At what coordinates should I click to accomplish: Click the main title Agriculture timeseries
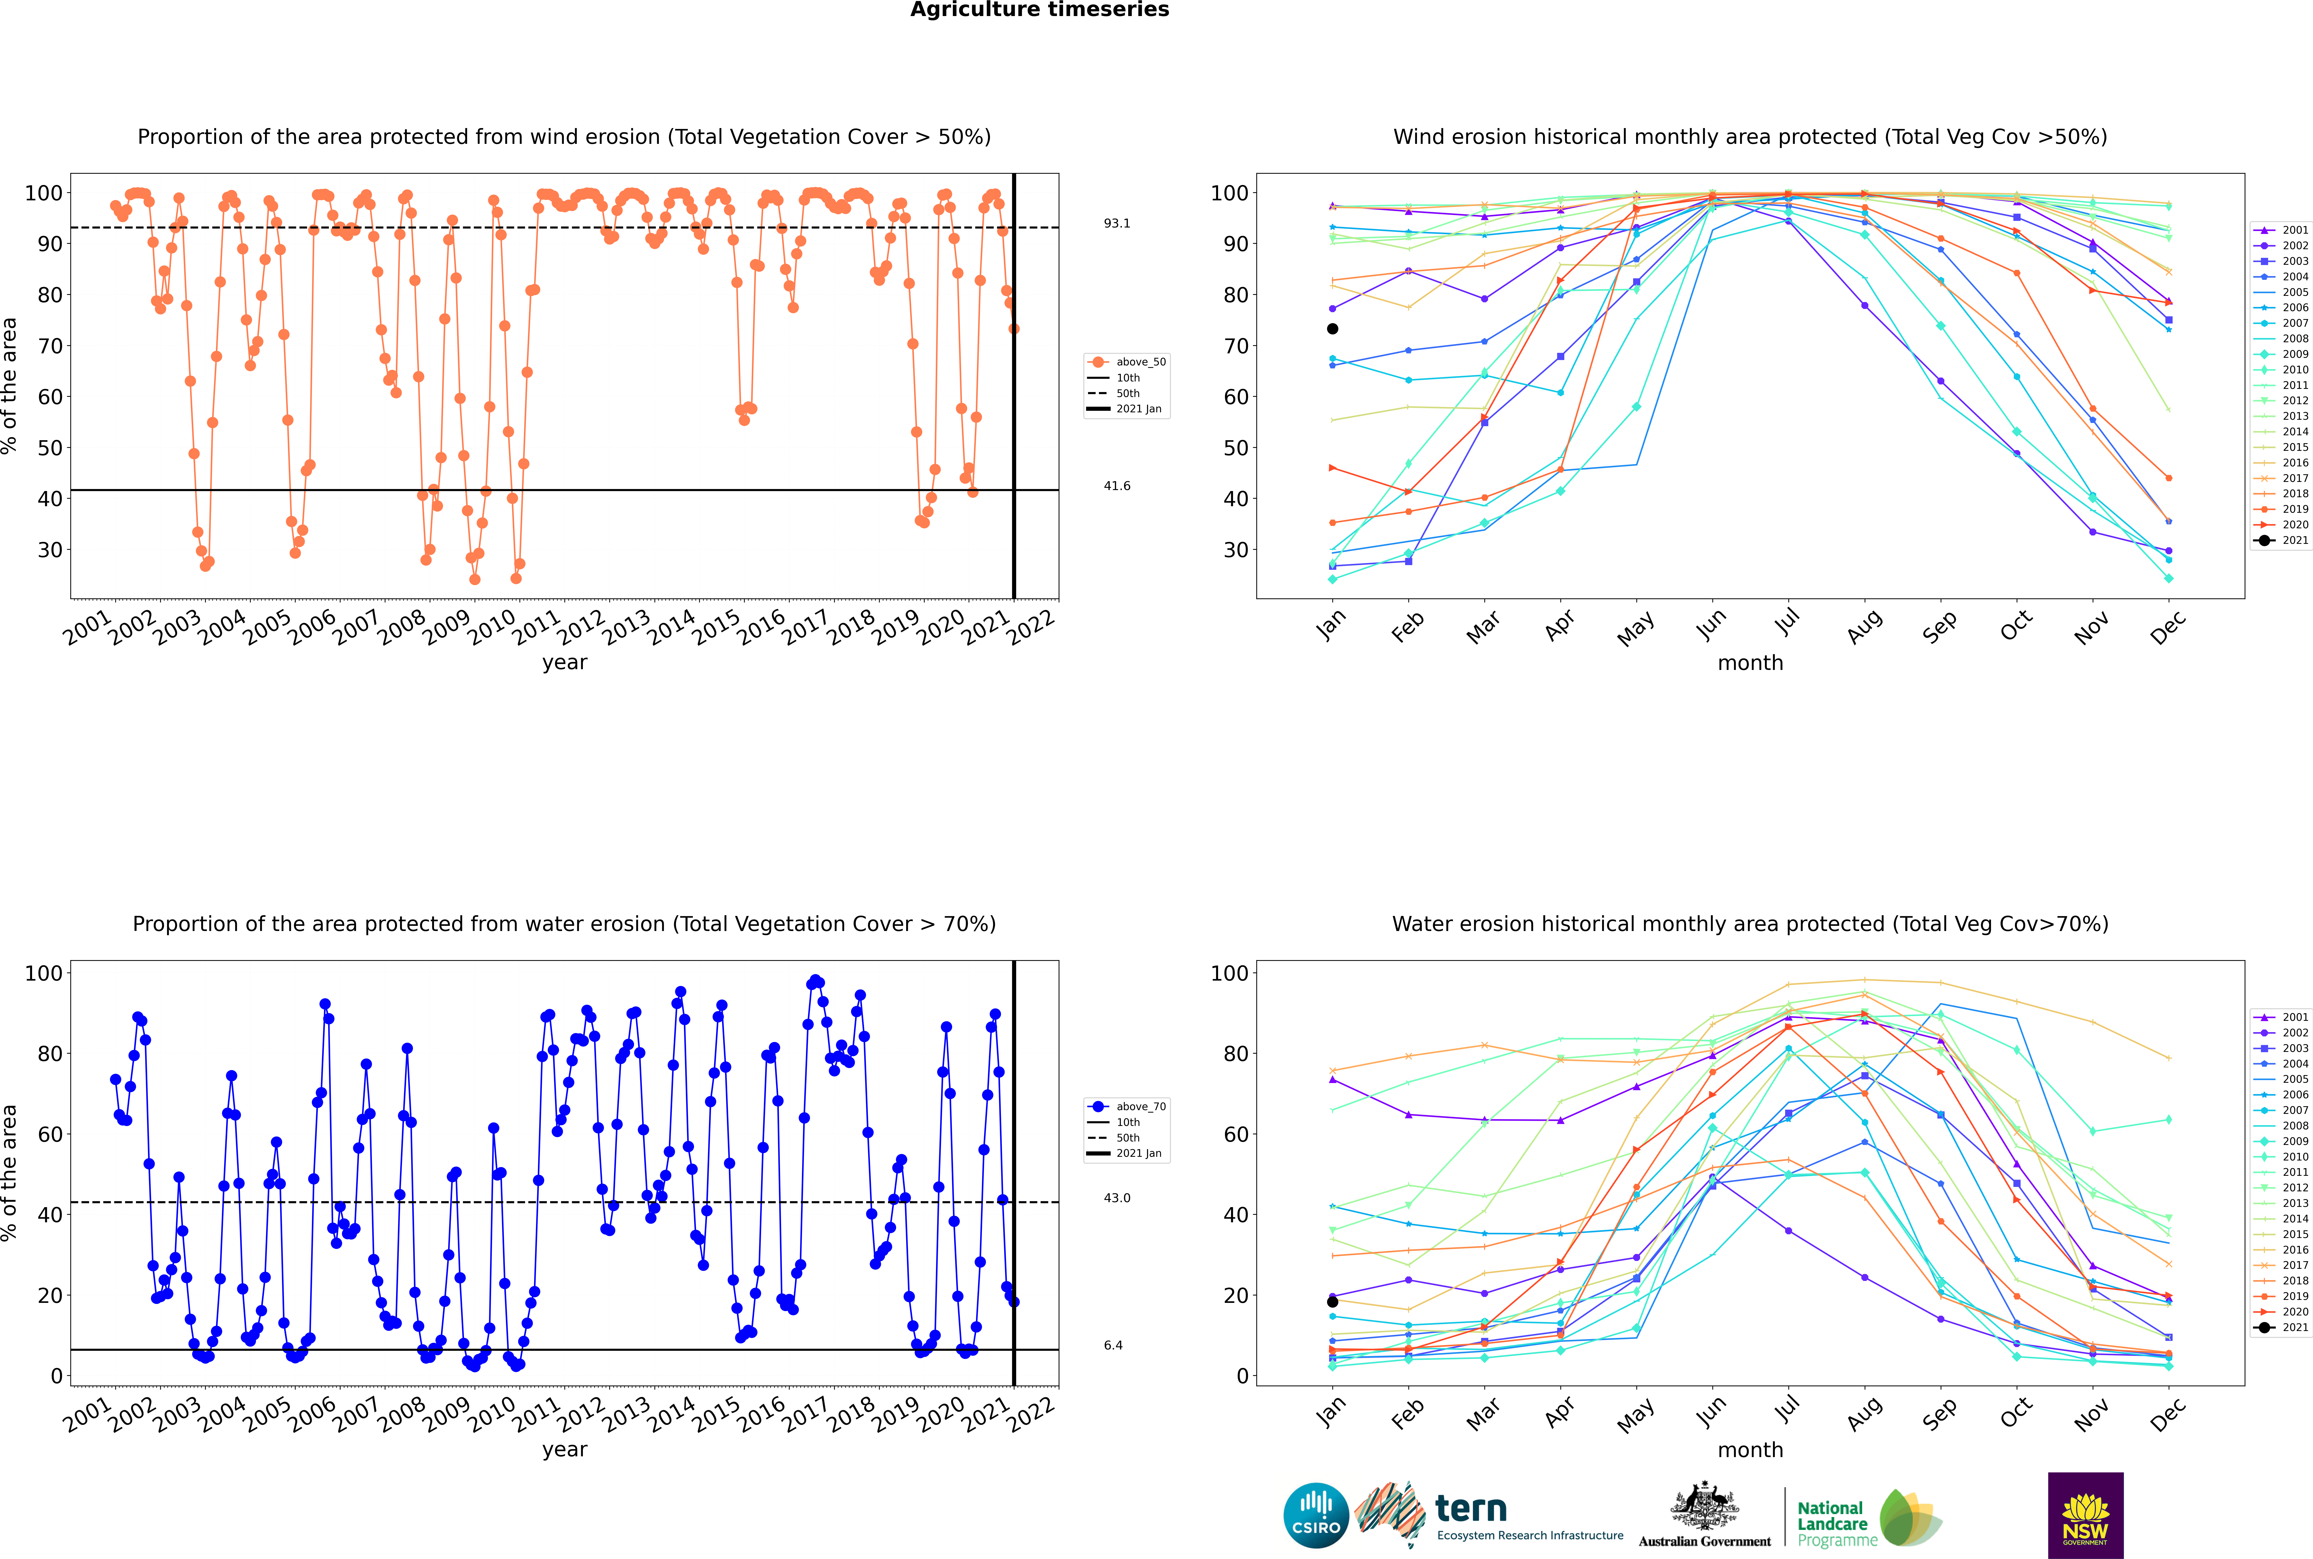click(x=1039, y=10)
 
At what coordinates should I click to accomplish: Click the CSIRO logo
click(x=1316, y=1515)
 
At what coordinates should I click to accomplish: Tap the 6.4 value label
click(x=1113, y=1345)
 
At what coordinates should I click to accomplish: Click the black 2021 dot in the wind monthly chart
click(x=1333, y=329)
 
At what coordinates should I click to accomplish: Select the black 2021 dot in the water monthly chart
click(x=1333, y=1301)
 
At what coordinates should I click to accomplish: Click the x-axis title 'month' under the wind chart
click(x=1750, y=663)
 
